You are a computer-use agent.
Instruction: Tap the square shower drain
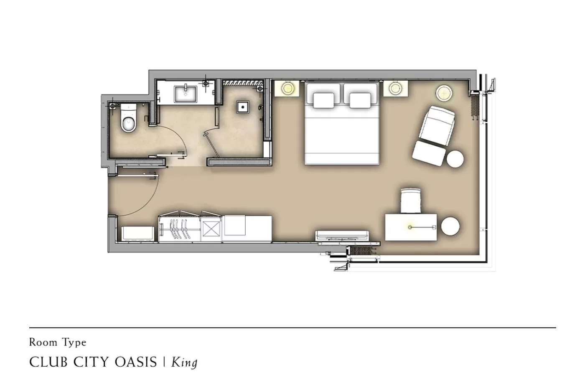point(242,107)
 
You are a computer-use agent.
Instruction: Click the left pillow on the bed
point(323,100)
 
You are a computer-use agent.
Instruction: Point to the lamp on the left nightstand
point(287,88)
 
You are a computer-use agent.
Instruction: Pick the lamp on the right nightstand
point(395,88)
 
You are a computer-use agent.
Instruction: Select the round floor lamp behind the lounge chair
point(444,92)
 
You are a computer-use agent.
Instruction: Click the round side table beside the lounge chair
point(455,159)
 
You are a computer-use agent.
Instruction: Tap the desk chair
point(411,201)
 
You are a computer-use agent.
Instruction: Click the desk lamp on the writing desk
point(410,227)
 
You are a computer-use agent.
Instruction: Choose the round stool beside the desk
point(450,226)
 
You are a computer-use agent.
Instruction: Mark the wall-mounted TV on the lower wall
point(342,236)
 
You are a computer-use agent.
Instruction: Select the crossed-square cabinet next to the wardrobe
point(211,229)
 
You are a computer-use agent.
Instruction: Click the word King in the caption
point(184,362)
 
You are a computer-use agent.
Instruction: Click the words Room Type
point(58,342)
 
